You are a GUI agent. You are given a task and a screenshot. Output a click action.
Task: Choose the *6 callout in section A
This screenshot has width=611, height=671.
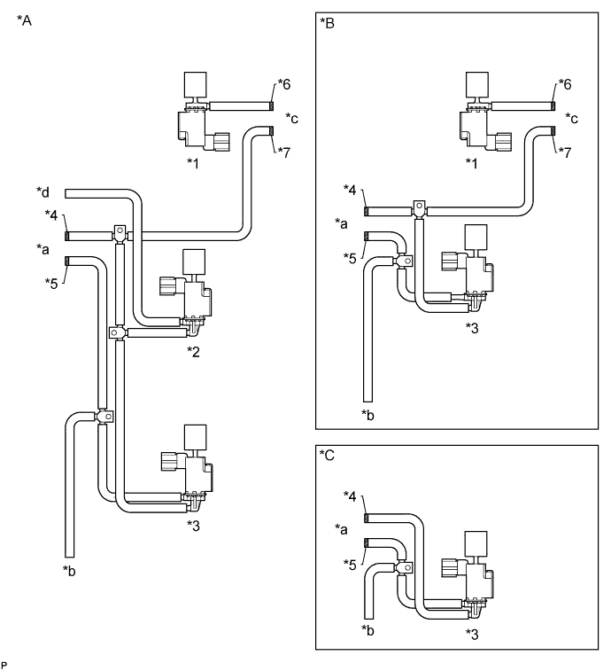tap(284, 84)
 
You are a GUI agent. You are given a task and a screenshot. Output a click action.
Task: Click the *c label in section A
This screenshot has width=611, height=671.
tap(291, 117)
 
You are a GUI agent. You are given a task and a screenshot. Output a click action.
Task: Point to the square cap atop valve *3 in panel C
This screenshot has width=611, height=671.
tap(479, 520)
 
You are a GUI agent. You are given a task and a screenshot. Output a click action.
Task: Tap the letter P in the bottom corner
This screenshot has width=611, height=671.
tap(4, 662)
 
